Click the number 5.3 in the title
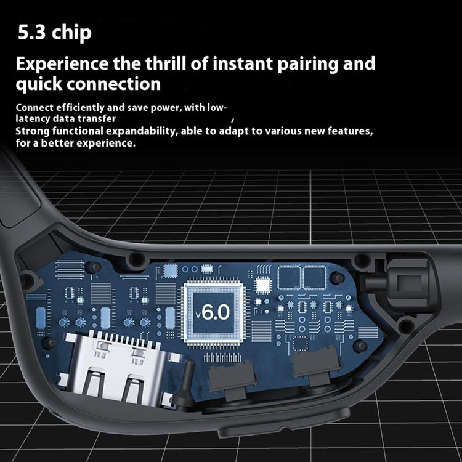[x=31, y=33]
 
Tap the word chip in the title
[x=71, y=33]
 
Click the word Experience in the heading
[x=62, y=64]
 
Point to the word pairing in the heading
[x=307, y=64]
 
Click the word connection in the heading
[x=114, y=84]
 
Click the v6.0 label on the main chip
[x=213, y=312]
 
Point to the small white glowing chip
[x=263, y=285]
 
